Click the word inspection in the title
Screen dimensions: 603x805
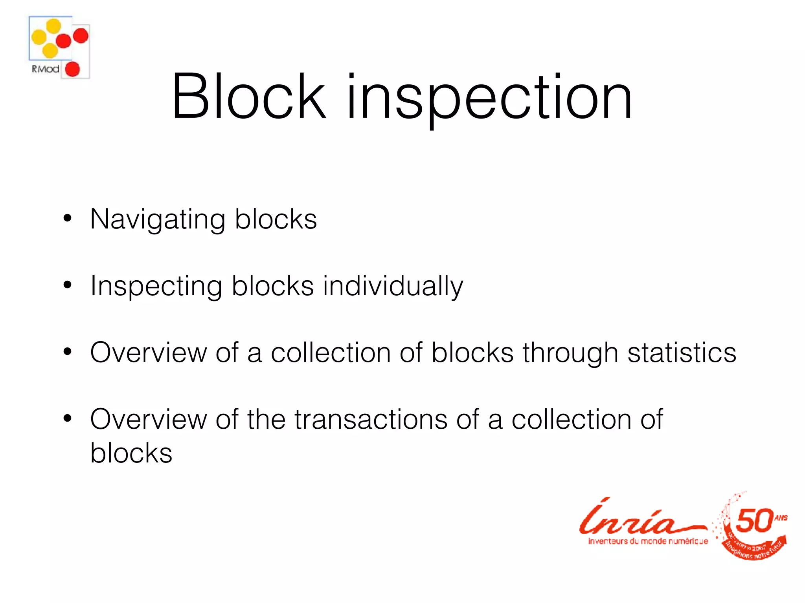(489, 98)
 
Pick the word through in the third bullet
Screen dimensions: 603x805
(570, 353)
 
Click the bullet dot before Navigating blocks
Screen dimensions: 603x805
(68, 218)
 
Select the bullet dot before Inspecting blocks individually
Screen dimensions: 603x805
(68, 285)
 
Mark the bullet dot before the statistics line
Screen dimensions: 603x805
(68, 352)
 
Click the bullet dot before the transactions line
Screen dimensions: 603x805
(68, 418)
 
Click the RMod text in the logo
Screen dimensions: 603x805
(45, 69)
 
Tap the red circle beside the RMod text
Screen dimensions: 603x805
(72, 69)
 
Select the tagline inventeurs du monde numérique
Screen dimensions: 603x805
(648, 541)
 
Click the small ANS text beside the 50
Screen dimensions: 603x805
(781, 518)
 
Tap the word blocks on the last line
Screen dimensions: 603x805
(131, 453)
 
